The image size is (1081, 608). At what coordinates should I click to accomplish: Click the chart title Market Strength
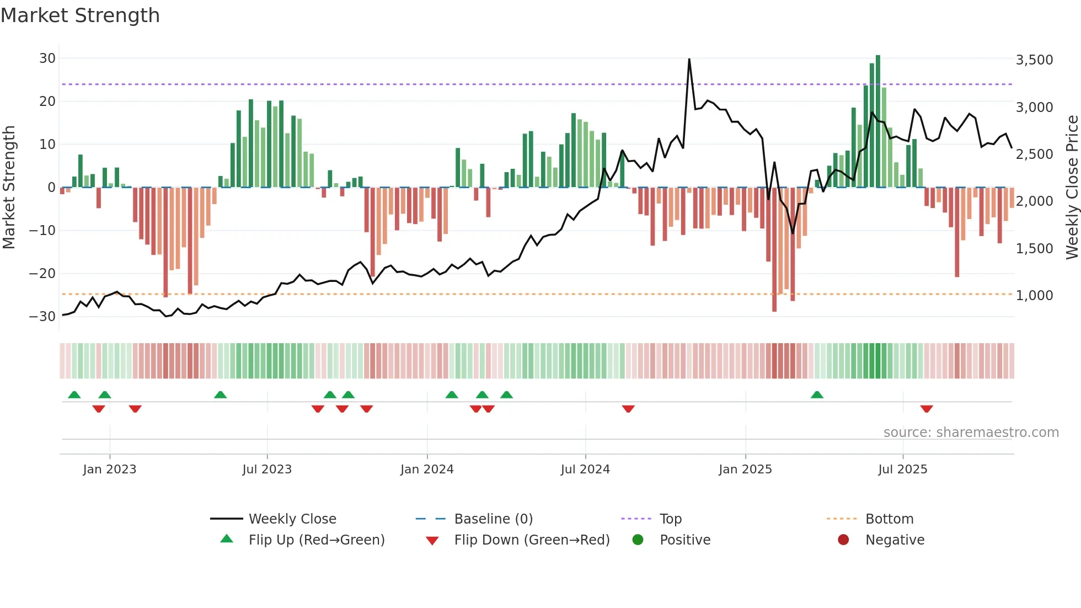(x=80, y=15)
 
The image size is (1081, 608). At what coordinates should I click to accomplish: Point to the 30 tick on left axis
(x=47, y=58)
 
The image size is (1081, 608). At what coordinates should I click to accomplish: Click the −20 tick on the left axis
(x=42, y=274)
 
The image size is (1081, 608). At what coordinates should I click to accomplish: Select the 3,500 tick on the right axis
(x=1034, y=60)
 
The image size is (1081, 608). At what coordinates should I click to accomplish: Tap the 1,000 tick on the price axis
(x=1034, y=296)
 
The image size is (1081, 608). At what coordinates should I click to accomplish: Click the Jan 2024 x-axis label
(x=427, y=470)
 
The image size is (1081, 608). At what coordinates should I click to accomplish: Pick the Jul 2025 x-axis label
(x=902, y=470)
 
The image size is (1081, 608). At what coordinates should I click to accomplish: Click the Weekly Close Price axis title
(x=1072, y=188)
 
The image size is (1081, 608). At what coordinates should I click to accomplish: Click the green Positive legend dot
(x=638, y=540)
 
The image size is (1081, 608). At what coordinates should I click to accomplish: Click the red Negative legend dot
(x=843, y=540)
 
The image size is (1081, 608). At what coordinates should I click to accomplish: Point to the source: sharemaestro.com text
(x=971, y=433)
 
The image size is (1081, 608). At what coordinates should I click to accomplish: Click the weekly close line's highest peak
(x=689, y=60)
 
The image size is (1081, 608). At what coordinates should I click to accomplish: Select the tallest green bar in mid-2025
(x=877, y=121)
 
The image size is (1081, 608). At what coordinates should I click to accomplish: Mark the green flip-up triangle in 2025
(x=817, y=394)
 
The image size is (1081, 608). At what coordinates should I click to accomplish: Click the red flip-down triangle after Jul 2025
(x=927, y=409)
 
